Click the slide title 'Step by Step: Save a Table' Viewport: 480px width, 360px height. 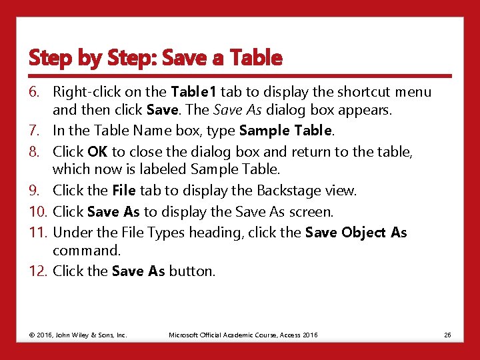tap(155, 58)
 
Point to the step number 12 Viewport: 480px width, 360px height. tap(38, 271)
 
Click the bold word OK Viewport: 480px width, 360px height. tap(97, 152)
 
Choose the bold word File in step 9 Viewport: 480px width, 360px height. tap(124, 191)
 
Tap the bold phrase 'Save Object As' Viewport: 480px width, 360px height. tap(355, 232)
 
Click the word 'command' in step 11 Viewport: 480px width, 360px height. tap(85, 251)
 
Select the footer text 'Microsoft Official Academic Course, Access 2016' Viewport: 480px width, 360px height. tap(243, 335)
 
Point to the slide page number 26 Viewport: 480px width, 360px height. tap(447, 335)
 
